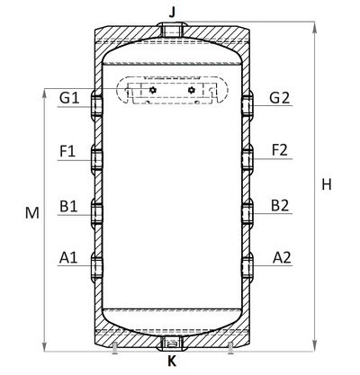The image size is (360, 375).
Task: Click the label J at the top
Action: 172,13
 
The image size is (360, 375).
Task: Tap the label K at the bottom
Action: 172,362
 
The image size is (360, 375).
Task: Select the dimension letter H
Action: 327,184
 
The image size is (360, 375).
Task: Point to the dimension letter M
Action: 32,213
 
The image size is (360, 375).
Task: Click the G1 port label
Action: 69,98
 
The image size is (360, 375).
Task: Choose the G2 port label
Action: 280,98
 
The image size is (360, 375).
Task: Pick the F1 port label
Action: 67,151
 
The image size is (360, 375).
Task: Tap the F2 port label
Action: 280,150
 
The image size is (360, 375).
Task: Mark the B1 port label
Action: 68,206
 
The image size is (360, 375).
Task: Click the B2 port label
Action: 280,205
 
